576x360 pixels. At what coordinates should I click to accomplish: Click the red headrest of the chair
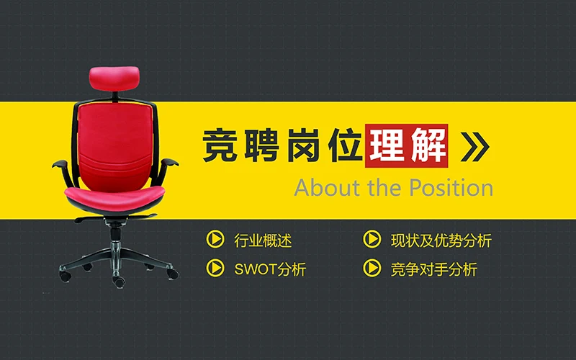click(113, 76)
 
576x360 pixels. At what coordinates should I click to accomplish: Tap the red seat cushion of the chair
click(114, 193)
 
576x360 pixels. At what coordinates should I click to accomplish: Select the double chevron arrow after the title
click(475, 146)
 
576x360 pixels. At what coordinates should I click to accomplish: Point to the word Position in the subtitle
click(451, 188)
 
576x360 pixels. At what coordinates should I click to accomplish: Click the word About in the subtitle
click(321, 188)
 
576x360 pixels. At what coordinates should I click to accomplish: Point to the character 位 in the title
click(343, 147)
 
